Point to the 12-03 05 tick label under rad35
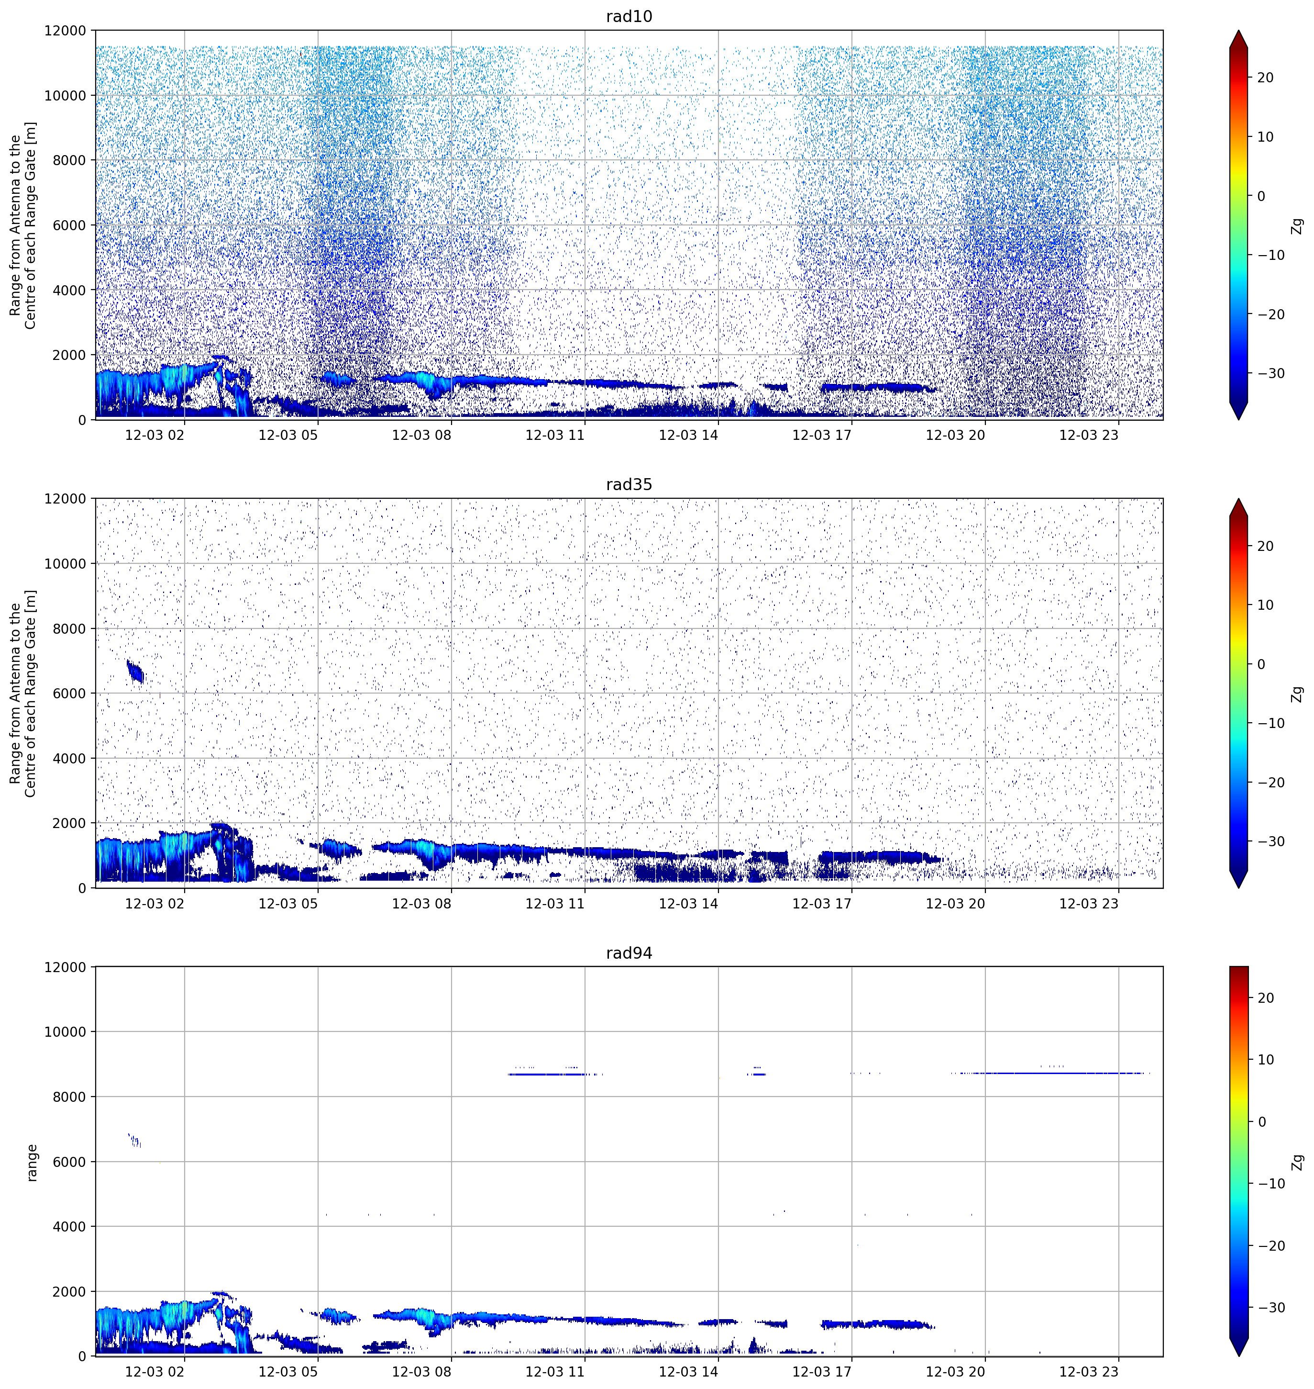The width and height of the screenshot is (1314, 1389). click(x=288, y=903)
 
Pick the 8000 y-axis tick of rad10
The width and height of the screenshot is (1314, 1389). click(x=69, y=160)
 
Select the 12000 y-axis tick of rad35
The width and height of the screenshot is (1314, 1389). click(x=65, y=499)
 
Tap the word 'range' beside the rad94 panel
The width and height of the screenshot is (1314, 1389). click(x=32, y=1163)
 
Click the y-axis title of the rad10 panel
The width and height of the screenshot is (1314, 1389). click(x=23, y=225)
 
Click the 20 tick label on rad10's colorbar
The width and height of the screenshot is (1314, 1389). click(x=1265, y=78)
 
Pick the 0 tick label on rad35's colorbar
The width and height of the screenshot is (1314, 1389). click(x=1261, y=664)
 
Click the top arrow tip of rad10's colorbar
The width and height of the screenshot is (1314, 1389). click(x=1238, y=31)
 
